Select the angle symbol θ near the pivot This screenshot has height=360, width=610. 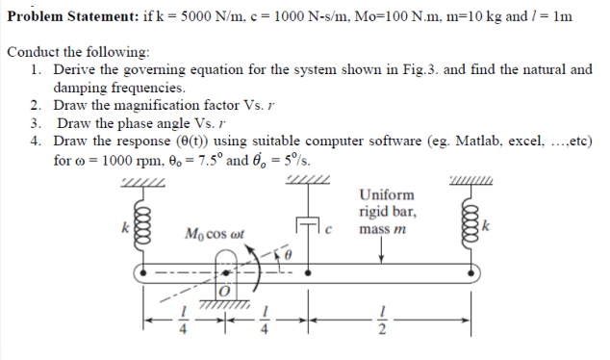pos(286,252)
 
